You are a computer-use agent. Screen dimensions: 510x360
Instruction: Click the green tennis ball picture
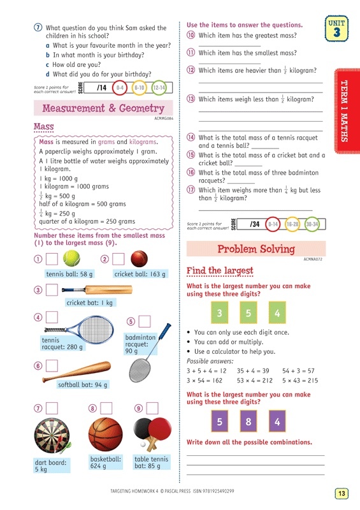point(72,258)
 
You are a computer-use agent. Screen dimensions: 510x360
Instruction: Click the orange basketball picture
point(105,434)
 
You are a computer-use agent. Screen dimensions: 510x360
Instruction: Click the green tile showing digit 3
point(219,313)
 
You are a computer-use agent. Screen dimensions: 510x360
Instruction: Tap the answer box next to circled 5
point(145,322)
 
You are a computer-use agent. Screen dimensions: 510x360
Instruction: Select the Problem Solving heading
point(256,249)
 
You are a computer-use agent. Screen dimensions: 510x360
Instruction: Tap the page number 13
point(342,493)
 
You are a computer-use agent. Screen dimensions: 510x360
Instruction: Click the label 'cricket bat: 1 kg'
point(89,303)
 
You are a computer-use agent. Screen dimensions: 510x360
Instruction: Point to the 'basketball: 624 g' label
point(105,463)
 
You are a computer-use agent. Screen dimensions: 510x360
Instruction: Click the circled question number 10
point(191,35)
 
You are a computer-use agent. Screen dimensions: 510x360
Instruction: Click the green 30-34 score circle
point(312,224)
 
